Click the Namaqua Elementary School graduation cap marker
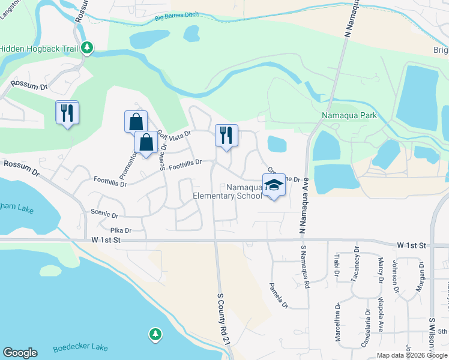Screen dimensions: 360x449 [x=274, y=186]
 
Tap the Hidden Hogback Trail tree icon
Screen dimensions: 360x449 [x=87, y=47]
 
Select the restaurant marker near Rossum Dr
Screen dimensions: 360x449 [x=67, y=113]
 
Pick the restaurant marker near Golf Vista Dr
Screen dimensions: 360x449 [x=226, y=135]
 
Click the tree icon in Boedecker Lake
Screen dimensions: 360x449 [x=155, y=334]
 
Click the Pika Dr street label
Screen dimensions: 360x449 [x=121, y=230]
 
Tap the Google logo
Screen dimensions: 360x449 [x=20, y=353]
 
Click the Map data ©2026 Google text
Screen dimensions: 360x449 [x=411, y=355]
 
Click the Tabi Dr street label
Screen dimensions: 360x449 [x=337, y=265]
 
